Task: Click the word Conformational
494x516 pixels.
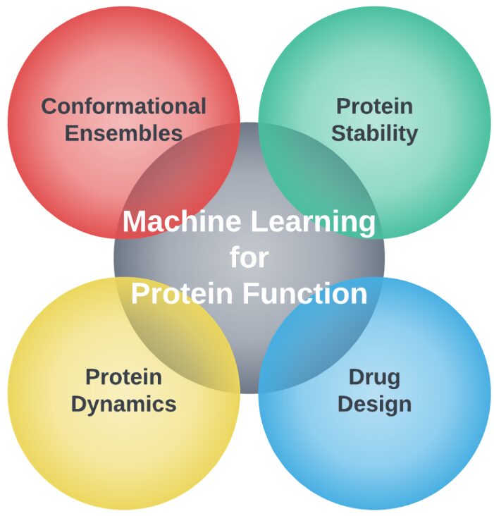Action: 123,106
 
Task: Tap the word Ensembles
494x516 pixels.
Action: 123,133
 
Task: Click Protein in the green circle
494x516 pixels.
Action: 374,106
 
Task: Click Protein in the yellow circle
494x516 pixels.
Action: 123,377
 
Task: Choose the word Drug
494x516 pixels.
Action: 374,379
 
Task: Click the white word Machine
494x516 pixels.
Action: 182,221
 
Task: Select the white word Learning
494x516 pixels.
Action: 313,223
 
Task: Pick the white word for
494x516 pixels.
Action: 249,257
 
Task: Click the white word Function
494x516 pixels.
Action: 305,293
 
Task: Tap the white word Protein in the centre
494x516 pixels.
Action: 182,293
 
